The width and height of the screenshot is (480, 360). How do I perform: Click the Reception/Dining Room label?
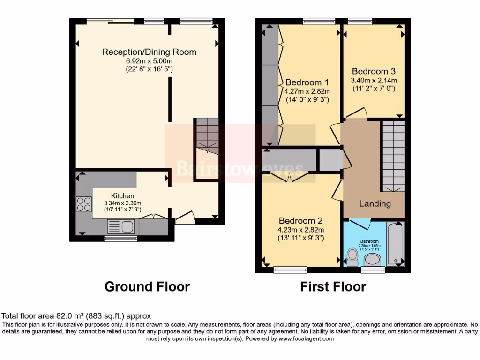click(x=149, y=52)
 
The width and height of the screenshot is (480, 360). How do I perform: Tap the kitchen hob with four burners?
click(x=84, y=204)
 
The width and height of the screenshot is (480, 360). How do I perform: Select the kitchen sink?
click(x=121, y=227)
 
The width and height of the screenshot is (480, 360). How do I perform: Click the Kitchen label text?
click(x=123, y=195)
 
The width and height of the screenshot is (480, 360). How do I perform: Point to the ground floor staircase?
click(x=206, y=136)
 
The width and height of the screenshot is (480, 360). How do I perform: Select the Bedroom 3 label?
click(x=374, y=72)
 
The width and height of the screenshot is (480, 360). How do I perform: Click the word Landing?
click(x=375, y=203)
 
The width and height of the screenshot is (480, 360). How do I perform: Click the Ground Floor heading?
click(x=147, y=286)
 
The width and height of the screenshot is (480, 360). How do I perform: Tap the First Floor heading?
click(x=333, y=286)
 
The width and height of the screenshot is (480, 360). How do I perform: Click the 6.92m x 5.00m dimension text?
click(x=149, y=61)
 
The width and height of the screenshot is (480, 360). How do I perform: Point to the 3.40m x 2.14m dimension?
click(x=374, y=81)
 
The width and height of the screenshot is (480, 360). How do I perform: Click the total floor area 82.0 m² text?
click(x=76, y=316)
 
